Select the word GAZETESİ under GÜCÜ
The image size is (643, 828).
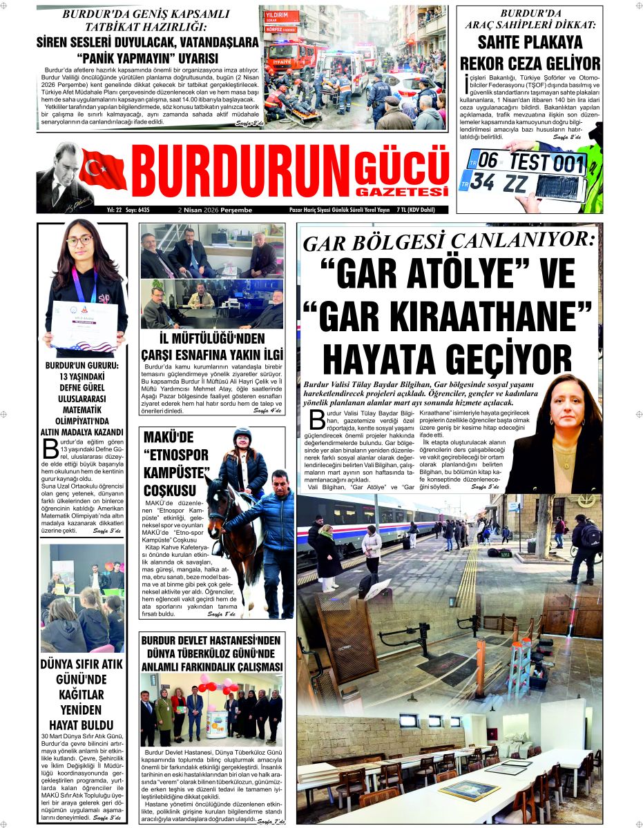(403, 191)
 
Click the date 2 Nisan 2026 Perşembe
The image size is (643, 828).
(215, 210)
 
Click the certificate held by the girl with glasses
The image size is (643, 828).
(83, 324)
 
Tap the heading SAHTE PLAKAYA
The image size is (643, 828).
(529, 43)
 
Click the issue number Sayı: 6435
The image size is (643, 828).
(137, 210)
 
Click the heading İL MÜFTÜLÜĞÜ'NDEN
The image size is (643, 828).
(212, 337)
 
